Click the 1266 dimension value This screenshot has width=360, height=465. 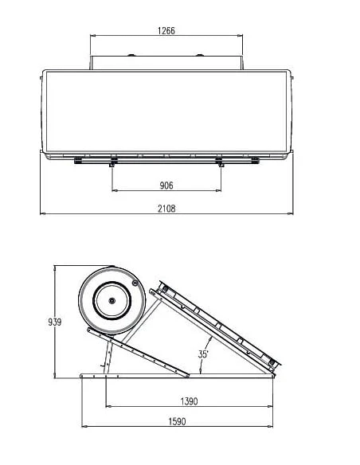point(166,30)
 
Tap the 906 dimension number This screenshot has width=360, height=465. point(166,186)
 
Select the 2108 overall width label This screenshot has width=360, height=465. point(166,209)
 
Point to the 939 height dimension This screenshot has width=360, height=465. point(55,322)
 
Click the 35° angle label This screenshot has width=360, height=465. point(203,354)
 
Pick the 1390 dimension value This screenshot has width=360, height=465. point(189,401)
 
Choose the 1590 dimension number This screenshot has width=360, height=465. point(177,421)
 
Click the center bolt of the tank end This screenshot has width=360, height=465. point(112,301)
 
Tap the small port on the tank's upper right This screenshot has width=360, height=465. point(135,283)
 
